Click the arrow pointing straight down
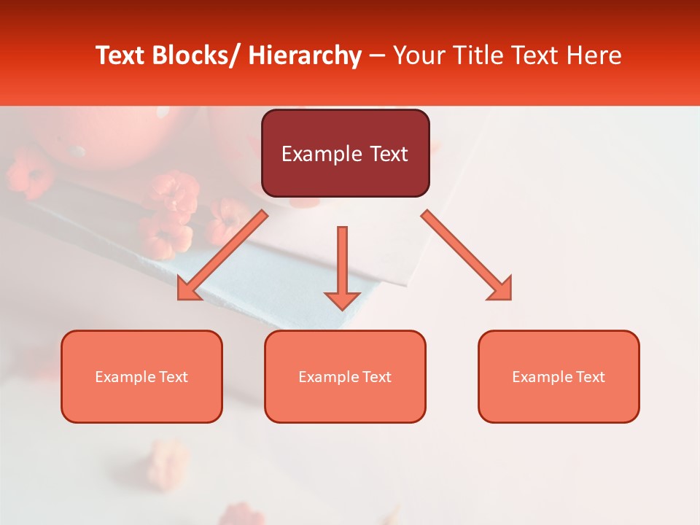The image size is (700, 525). tap(342, 267)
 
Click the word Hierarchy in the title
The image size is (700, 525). tap(304, 55)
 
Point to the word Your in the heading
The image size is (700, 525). tap(418, 55)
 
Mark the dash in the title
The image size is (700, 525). tap(377, 55)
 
